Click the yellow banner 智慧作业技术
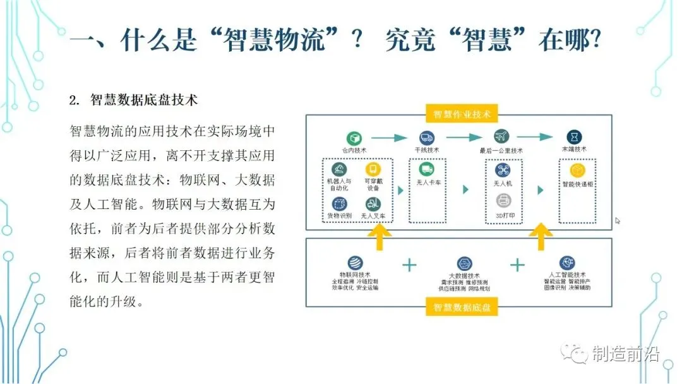(x=462, y=114)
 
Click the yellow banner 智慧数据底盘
(x=462, y=308)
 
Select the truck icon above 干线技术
(x=425, y=137)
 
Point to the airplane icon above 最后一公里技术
(x=501, y=137)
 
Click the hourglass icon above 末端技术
(x=573, y=137)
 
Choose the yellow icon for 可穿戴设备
(x=372, y=169)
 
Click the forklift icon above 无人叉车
(x=372, y=203)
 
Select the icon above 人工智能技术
(x=568, y=263)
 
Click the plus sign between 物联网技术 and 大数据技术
(x=409, y=264)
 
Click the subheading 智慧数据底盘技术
(x=144, y=100)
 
